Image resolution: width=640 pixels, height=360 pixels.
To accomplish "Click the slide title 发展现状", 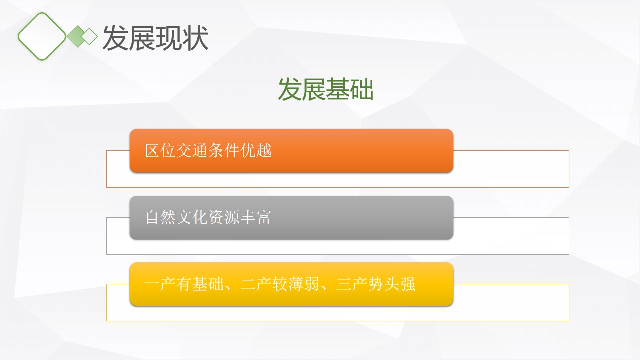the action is tap(155, 38).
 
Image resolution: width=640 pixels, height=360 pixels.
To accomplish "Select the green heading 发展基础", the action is tap(326, 89).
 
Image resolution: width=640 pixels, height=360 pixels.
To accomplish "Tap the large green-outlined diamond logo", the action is tap(42, 36).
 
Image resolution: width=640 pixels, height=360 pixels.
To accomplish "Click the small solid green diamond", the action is tap(77, 36).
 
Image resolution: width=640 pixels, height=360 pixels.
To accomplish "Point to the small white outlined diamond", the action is tap(89, 36).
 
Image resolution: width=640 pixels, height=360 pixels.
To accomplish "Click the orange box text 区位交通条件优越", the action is tap(208, 150).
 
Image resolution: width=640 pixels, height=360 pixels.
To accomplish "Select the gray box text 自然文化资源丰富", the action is tap(208, 217).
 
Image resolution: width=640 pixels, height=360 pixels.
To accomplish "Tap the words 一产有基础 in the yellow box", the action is tap(184, 284).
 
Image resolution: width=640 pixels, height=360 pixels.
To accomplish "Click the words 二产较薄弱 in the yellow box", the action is tap(280, 284).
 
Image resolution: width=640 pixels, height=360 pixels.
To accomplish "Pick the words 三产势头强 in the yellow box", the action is tap(375, 284).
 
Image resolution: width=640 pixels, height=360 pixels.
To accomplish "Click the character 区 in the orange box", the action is tap(152, 150).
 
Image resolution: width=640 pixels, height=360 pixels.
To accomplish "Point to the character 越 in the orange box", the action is tap(264, 150).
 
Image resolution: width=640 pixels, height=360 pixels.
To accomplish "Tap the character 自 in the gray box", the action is tap(152, 217).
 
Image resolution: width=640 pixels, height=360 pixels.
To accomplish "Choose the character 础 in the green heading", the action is tap(362, 89).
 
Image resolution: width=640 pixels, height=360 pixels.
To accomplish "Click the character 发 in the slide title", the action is tap(115, 38).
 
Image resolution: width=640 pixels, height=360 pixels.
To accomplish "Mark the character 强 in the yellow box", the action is tap(408, 284).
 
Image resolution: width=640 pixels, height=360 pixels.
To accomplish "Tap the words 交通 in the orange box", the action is tap(192, 150).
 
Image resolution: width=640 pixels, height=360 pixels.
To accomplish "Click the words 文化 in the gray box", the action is tap(192, 217).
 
